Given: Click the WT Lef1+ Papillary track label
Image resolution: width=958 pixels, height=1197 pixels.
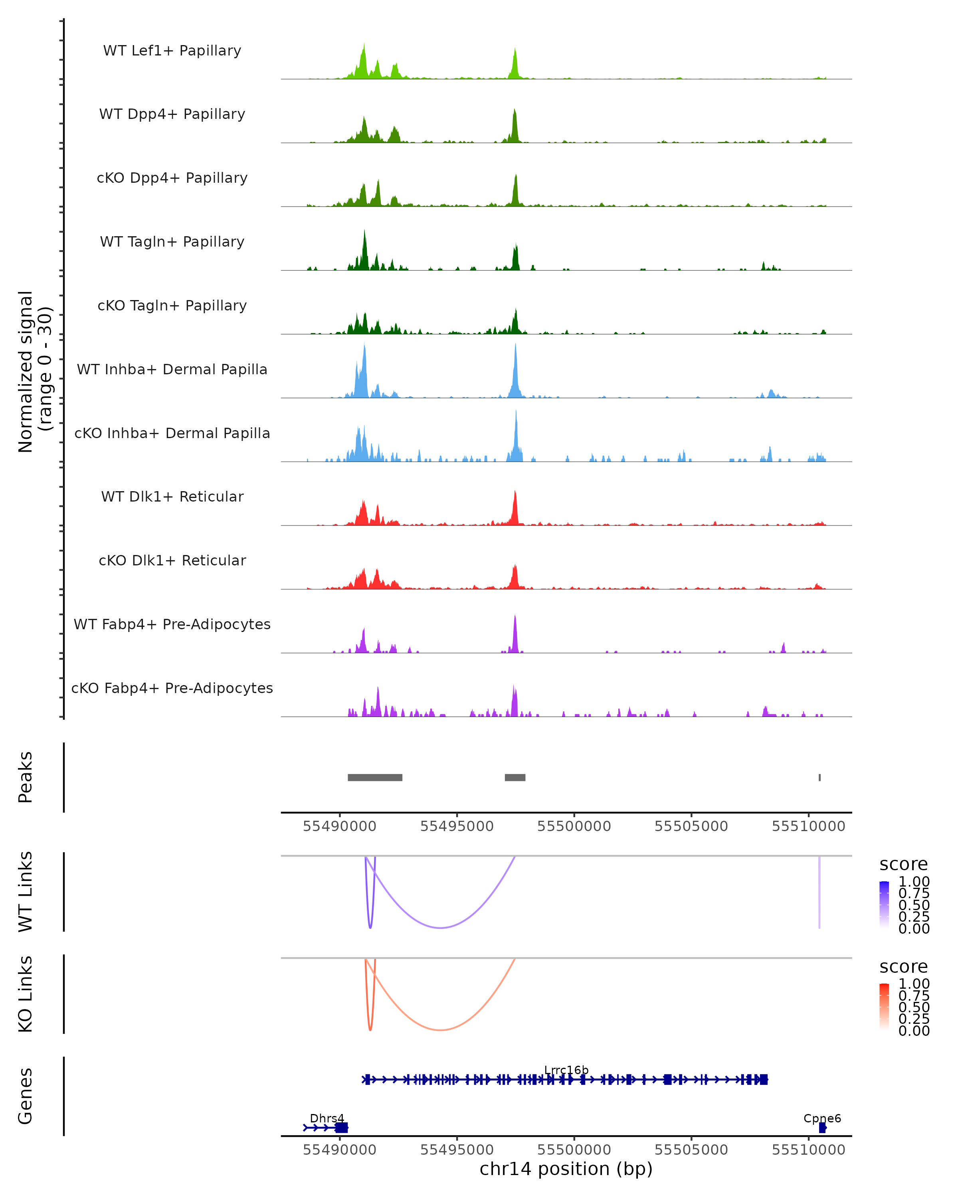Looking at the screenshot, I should tap(172, 51).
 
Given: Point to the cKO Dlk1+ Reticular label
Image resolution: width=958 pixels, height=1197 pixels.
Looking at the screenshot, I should tap(172, 560).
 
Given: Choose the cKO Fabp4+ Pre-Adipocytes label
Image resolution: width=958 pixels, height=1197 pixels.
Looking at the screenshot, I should tap(172, 688).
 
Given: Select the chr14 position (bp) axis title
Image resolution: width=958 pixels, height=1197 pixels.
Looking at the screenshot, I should tap(566, 1169).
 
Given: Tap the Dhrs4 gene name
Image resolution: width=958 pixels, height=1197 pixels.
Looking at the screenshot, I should tap(327, 1118).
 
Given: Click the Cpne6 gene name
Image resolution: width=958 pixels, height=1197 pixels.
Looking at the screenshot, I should tap(822, 1118).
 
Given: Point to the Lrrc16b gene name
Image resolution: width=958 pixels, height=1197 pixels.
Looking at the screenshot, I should tap(566, 1070).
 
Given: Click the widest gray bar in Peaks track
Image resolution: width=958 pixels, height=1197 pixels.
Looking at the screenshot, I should tap(375, 777).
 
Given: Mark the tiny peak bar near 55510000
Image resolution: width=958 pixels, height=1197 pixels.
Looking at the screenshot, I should tap(819, 777).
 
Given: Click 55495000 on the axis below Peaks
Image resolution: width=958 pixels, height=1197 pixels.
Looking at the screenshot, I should tap(457, 826).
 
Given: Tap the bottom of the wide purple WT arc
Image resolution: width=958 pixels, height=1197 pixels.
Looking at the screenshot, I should tap(440, 928).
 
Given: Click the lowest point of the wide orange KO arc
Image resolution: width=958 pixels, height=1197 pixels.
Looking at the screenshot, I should tap(440, 1030).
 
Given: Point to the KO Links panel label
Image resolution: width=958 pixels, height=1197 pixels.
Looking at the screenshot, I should tap(26, 994).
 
